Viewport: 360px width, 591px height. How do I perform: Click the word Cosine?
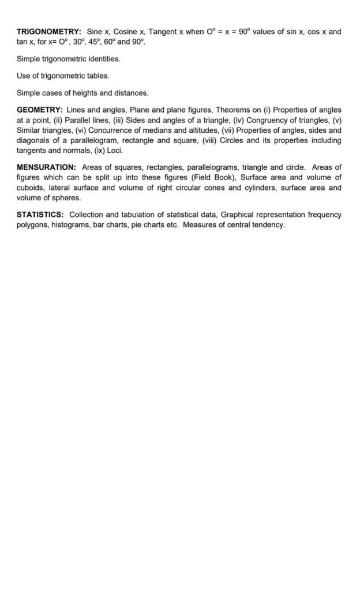click(125, 32)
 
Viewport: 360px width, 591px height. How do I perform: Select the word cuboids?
click(31, 188)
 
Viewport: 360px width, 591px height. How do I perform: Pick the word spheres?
click(67, 198)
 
